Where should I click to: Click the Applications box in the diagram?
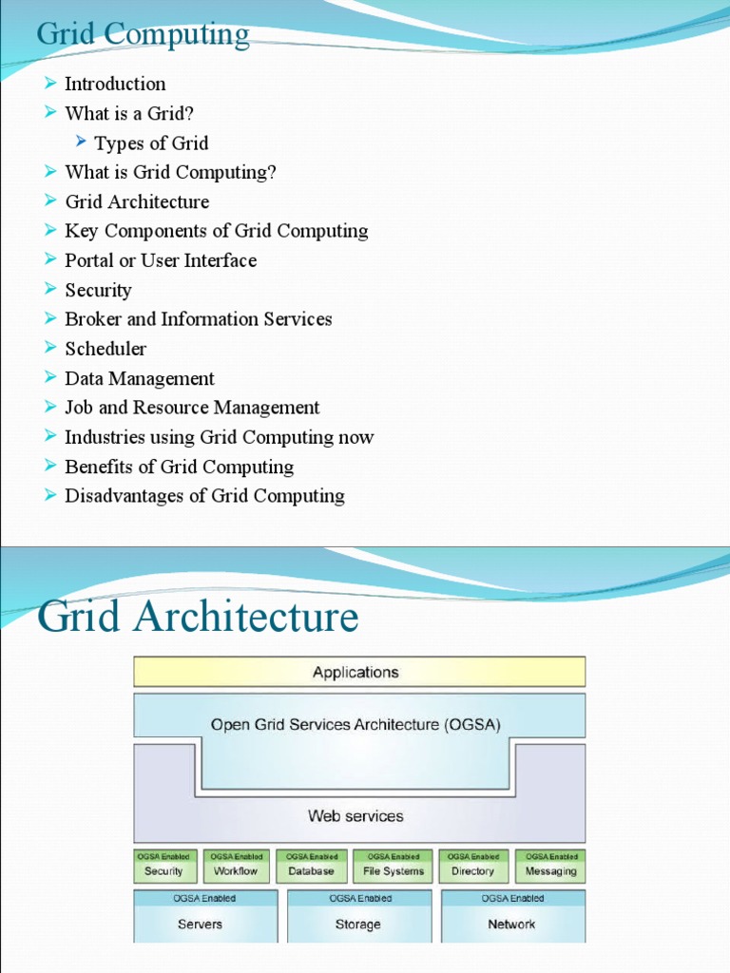click(x=358, y=672)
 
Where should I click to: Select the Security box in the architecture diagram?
click(x=163, y=866)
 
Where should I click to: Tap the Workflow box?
click(x=236, y=866)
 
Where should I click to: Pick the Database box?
click(x=311, y=866)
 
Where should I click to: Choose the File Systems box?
click(x=393, y=866)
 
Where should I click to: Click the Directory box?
click(x=472, y=866)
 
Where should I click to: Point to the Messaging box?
click(x=550, y=866)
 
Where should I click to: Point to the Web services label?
click(x=355, y=815)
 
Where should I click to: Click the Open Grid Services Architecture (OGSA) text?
click(x=355, y=724)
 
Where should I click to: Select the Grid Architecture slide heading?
click(x=198, y=618)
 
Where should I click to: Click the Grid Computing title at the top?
click(x=143, y=35)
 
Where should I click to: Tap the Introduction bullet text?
click(x=115, y=84)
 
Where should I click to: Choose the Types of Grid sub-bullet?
click(x=151, y=143)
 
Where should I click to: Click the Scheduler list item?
click(x=106, y=349)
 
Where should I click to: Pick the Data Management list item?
click(x=140, y=378)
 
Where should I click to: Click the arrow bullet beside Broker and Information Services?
click(x=50, y=319)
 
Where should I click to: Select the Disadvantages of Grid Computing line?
click(x=204, y=496)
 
